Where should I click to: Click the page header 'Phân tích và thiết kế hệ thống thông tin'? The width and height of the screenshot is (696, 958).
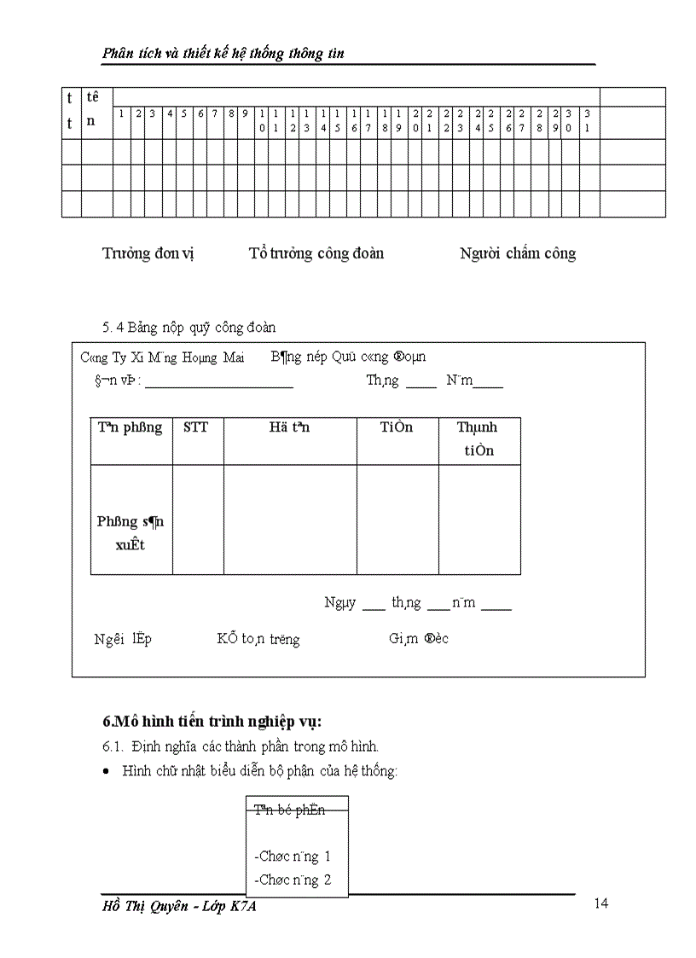click(223, 54)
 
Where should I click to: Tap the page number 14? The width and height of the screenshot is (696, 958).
click(601, 904)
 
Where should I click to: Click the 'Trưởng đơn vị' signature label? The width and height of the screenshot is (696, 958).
click(148, 253)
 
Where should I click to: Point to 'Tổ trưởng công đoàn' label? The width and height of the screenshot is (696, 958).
click(316, 253)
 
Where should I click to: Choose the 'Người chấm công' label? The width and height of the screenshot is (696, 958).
click(518, 253)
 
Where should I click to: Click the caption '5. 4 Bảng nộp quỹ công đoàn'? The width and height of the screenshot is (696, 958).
click(188, 327)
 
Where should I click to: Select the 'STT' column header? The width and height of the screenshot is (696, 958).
click(196, 427)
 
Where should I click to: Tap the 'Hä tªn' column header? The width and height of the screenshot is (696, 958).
click(289, 427)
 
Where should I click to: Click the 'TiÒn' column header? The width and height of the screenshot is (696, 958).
click(397, 427)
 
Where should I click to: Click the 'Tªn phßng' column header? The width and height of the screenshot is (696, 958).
click(130, 427)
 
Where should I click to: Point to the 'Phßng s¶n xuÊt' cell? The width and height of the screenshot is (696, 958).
click(130, 533)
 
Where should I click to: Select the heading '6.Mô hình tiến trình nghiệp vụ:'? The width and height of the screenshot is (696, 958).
click(212, 722)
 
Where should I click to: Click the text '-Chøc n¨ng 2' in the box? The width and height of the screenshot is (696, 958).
click(293, 880)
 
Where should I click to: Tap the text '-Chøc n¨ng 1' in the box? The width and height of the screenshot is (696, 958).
click(293, 856)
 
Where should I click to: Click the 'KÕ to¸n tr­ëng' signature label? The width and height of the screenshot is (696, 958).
click(258, 639)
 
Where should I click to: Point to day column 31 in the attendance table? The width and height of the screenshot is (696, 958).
click(588, 120)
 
